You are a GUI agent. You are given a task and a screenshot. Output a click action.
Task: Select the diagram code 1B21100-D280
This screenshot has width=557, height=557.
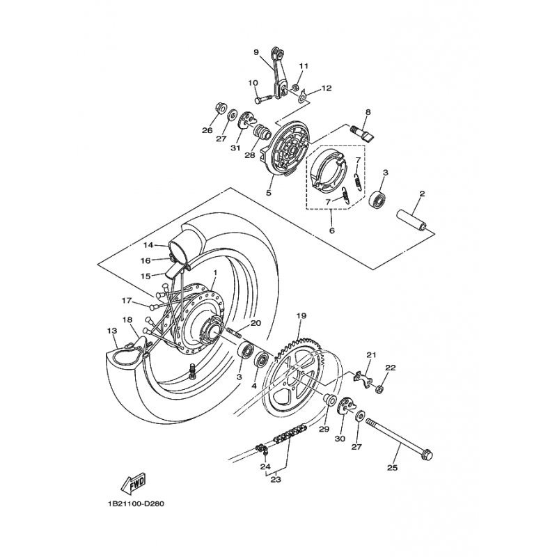134,503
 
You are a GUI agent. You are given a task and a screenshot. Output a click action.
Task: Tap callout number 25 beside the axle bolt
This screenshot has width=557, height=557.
392,468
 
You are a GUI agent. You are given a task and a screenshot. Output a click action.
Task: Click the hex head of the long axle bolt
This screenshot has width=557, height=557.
426,455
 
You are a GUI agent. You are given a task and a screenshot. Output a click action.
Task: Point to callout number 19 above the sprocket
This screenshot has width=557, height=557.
301,315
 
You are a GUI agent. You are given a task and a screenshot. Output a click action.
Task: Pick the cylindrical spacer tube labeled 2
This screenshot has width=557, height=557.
412,220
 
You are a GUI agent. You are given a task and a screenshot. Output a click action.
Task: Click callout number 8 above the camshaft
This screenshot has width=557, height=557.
368,112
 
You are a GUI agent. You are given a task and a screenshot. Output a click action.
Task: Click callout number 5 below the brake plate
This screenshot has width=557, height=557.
269,193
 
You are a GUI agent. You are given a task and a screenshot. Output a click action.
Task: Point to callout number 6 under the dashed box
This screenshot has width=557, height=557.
332,230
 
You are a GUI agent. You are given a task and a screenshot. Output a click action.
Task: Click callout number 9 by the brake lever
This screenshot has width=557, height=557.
256,53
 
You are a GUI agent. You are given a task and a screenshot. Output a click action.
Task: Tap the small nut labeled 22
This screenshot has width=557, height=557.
379,390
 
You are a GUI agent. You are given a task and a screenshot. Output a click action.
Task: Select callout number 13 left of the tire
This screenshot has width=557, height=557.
111,331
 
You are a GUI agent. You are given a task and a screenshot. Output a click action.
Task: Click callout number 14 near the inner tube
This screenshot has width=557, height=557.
148,245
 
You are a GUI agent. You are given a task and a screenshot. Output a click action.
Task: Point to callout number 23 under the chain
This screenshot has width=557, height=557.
276,479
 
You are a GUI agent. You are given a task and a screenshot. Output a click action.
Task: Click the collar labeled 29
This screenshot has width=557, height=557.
329,400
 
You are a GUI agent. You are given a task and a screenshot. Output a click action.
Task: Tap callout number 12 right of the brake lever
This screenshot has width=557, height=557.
327,88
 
